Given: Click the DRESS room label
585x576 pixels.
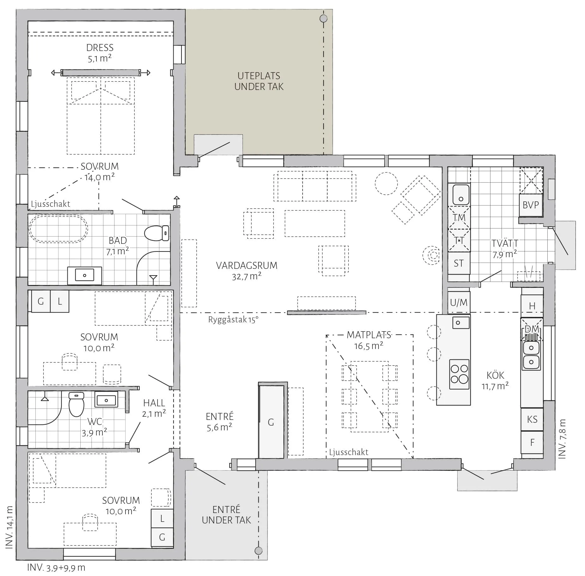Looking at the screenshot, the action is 100,47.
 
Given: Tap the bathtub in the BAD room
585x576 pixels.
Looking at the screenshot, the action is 58,229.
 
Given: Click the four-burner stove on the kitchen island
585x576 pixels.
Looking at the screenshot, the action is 459,374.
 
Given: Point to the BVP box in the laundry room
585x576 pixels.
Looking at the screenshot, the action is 531,205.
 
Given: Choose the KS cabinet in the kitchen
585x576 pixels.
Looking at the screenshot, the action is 532,419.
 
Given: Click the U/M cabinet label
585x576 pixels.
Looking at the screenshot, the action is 459,302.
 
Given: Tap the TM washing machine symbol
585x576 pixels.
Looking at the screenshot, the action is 459,218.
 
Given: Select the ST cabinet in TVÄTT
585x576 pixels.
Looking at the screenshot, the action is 459,263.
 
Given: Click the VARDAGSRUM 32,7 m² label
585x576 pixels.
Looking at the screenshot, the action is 247,271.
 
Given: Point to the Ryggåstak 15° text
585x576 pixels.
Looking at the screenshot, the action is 233,320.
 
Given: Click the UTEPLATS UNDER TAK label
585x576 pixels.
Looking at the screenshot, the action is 259,81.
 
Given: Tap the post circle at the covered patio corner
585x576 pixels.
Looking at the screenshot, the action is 323,18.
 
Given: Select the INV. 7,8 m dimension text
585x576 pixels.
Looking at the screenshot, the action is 562,439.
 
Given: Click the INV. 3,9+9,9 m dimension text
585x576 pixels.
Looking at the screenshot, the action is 56,567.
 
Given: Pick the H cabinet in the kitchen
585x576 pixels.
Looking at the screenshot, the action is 532,306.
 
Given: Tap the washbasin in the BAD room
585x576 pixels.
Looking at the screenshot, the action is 84,275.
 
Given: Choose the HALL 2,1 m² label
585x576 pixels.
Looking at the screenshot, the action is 154,408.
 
